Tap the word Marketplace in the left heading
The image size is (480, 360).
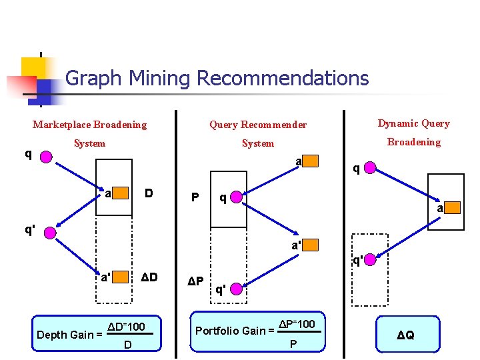tap(62, 125)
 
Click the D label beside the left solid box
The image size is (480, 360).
tap(149, 194)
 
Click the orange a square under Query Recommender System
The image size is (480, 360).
tap(311, 161)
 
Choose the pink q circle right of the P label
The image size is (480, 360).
tap(235, 197)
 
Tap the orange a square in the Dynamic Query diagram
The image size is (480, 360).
tap(452, 208)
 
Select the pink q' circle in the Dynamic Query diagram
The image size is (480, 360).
tap(372, 259)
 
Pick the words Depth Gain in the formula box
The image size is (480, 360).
tap(65, 335)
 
